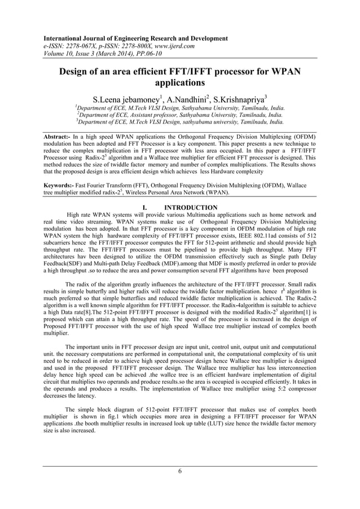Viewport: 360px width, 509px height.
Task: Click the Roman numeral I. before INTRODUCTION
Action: pos(146,208)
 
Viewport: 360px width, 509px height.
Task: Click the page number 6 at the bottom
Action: pos(180,472)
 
